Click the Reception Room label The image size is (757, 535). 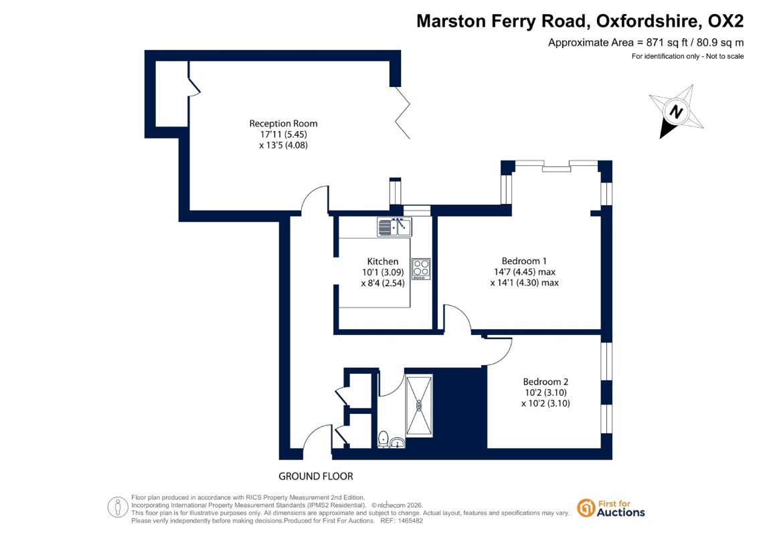[283, 124]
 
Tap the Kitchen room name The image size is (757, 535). [383, 261]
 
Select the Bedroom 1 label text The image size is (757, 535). [524, 261]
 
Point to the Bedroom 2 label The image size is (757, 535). [545, 382]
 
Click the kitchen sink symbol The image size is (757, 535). [394, 227]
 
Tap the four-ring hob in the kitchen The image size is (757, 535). [421, 270]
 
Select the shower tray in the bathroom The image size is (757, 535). [419, 405]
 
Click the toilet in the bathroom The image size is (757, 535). [384, 439]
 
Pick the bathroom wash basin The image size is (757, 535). [398, 442]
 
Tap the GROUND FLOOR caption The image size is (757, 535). [316, 476]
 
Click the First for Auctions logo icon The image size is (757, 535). [586, 508]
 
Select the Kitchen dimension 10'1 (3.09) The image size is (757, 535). [383, 272]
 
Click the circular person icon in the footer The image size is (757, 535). [118, 508]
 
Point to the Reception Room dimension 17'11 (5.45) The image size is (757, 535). [283, 134]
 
